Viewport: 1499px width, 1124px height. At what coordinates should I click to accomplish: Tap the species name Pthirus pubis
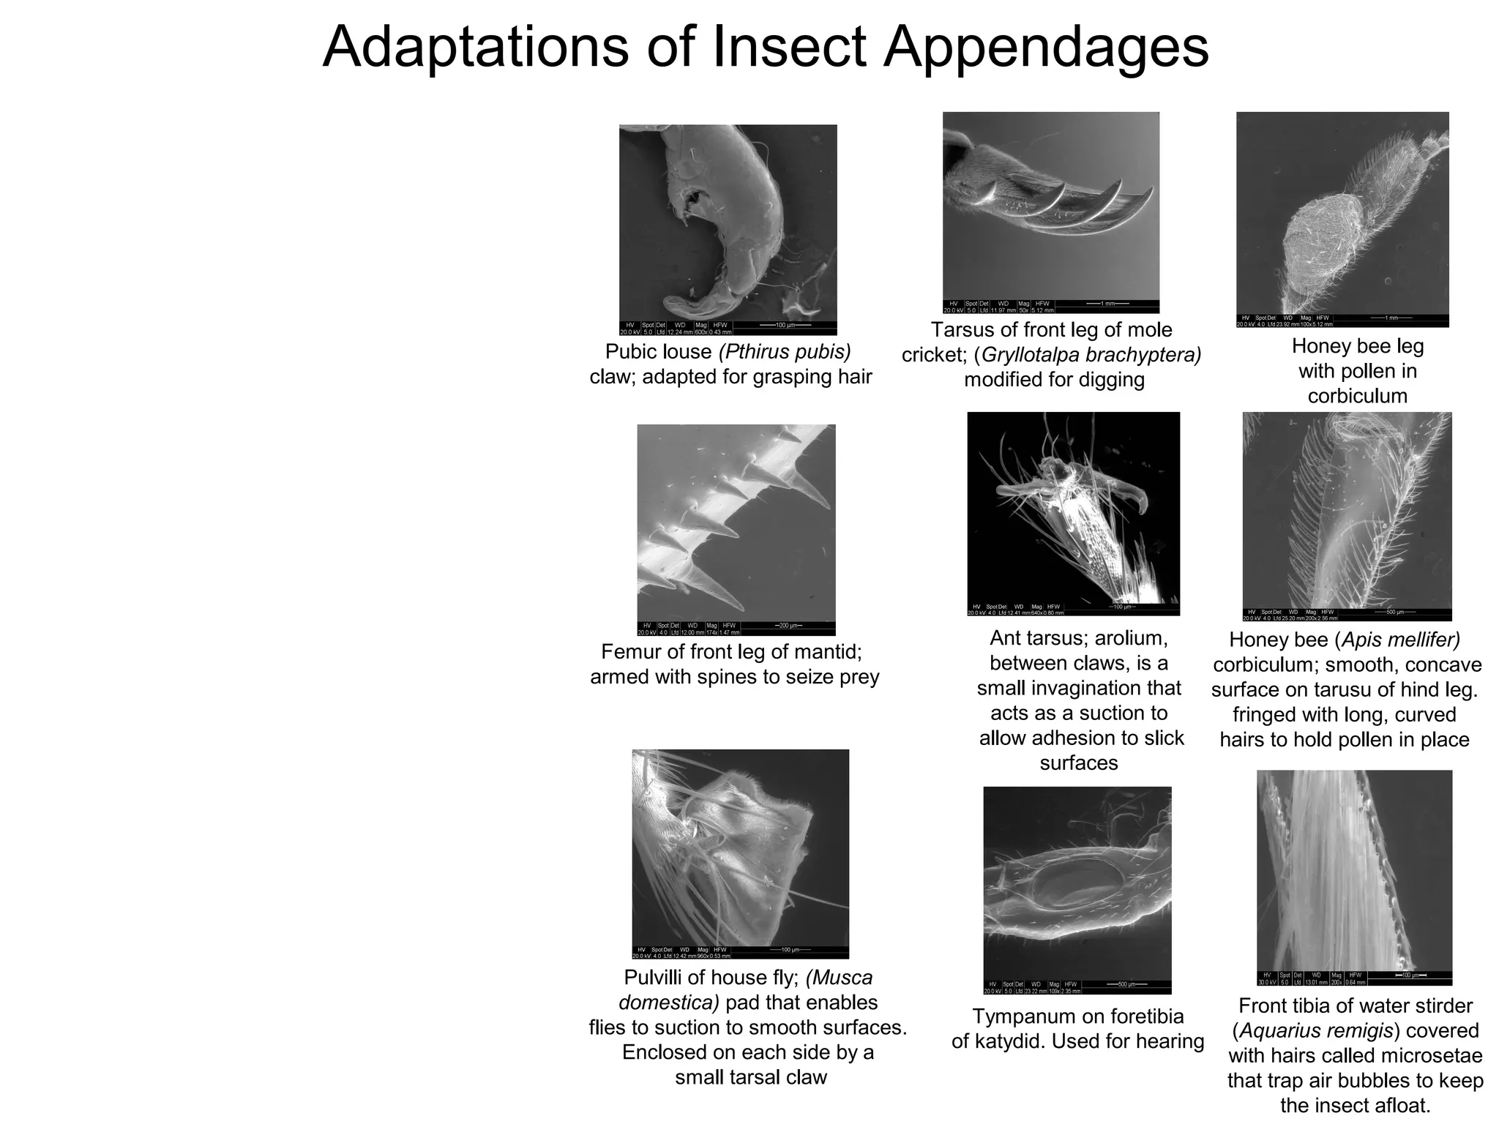tap(785, 352)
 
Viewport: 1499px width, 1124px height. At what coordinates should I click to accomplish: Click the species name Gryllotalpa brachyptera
tap(1091, 355)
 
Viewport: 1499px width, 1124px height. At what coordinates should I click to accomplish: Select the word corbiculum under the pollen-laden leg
tap(1357, 396)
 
